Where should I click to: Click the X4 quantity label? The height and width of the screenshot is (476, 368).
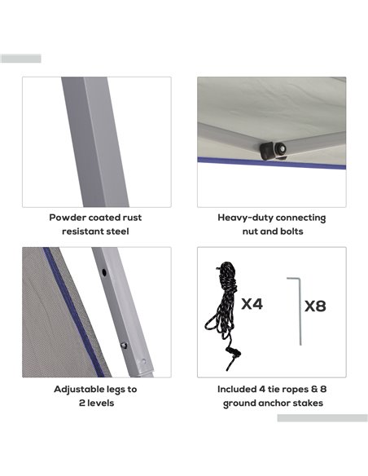click(x=252, y=303)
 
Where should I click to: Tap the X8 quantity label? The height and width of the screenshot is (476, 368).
click(x=315, y=306)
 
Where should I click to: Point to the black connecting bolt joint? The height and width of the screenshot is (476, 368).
click(x=273, y=150)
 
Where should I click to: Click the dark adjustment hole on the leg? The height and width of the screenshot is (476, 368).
click(x=104, y=272)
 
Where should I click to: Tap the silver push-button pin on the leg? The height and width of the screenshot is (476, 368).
click(x=124, y=345)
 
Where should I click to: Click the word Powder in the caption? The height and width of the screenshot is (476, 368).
click(x=68, y=218)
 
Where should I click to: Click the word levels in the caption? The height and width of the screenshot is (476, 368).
click(x=101, y=403)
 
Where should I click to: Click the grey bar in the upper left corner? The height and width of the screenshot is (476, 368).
click(x=20, y=59)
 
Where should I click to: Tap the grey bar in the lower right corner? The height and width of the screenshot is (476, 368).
click(x=322, y=418)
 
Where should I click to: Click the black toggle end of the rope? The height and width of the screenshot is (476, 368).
click(x=234, y=352)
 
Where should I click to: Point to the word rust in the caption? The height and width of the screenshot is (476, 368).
click(x=132, y=218)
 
